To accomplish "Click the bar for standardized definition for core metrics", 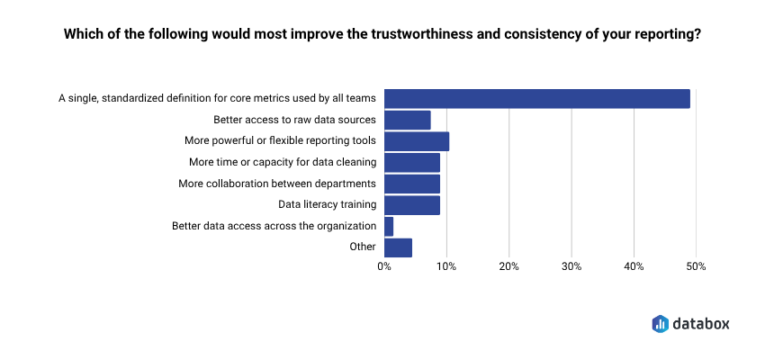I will [x=536, y=99].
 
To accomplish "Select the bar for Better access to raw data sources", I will [x=407, y=120].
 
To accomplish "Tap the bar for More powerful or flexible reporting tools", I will [x=416, y=141].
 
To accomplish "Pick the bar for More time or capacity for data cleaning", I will [x=411, y=162].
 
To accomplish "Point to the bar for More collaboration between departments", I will [x=411, y=184].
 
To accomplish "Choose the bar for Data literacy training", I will [x=411, y=205].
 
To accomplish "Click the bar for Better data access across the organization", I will [x=389, y=226].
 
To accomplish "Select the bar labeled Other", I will [x=398, y=247].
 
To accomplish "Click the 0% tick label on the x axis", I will [x=384, y=266].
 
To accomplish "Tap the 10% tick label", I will [x=446, y=266].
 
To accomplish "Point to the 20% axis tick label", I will [x=508, y=266].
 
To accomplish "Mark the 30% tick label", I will [x=571, y=266].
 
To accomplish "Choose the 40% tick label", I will [x=634, y=266].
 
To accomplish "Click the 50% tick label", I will [x=696, y=266].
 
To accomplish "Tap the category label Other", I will [x=363, y=247].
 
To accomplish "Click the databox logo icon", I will [x=660, y=323].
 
